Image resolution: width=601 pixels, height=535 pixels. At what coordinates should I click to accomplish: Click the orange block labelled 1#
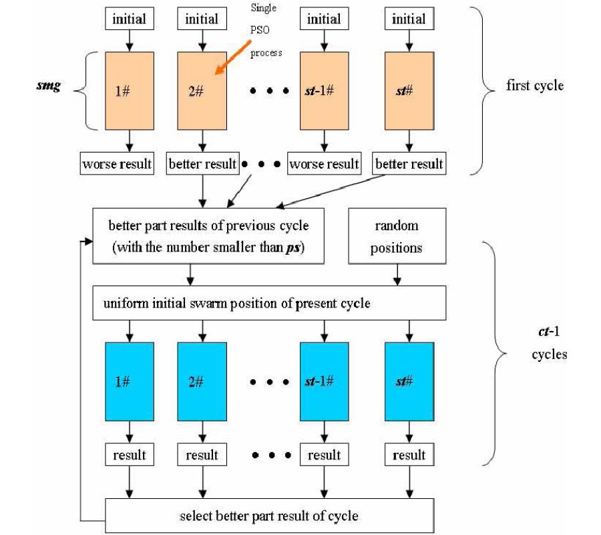(x=130, y=91)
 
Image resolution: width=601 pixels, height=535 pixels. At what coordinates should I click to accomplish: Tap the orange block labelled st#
(x=409, y=91)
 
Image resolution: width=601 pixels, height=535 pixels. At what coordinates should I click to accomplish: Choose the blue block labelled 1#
(x=130, y=381)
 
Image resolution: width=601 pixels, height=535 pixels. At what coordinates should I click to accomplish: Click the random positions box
(x=397, y=237)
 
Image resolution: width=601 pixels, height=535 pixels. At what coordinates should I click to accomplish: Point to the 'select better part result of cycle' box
(x=269, y=516)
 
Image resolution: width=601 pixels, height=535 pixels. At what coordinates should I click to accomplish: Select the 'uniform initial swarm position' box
(x=269, y=303)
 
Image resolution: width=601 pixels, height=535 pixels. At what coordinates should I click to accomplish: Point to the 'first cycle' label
(x=534, y=86)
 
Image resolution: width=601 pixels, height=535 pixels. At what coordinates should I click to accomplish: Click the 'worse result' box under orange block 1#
(x=117, y=164)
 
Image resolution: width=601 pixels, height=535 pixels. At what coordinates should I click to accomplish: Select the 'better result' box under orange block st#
(x=409, y=164)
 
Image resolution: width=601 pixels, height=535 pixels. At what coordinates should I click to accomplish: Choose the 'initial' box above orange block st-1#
(x=324, y=18)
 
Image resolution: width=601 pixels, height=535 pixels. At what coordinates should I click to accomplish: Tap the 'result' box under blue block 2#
(x=202, y=455)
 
